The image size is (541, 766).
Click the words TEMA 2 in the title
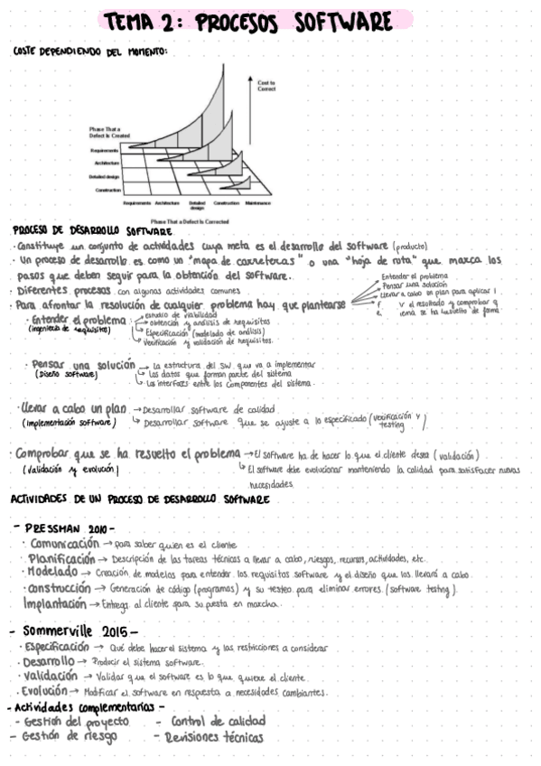tap(145, 20)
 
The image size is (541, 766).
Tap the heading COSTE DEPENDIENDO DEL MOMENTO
tap(90, 51)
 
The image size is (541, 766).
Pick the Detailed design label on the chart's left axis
tap(105, 176)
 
